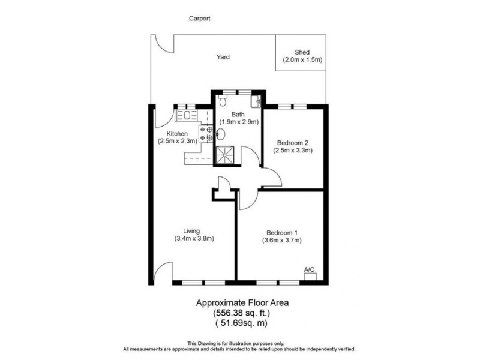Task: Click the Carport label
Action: point(200,19)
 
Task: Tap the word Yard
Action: point(223,58)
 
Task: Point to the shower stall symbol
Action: point(226,154)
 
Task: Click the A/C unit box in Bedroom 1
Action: point(310,277)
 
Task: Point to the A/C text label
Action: point(310,269)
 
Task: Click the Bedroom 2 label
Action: point(293,143)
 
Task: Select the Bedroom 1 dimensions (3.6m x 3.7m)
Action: point(282,241)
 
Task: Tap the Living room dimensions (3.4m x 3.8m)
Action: point(194,238)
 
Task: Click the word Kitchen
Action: point(178,133)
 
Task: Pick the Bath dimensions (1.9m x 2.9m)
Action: point(238,122)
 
